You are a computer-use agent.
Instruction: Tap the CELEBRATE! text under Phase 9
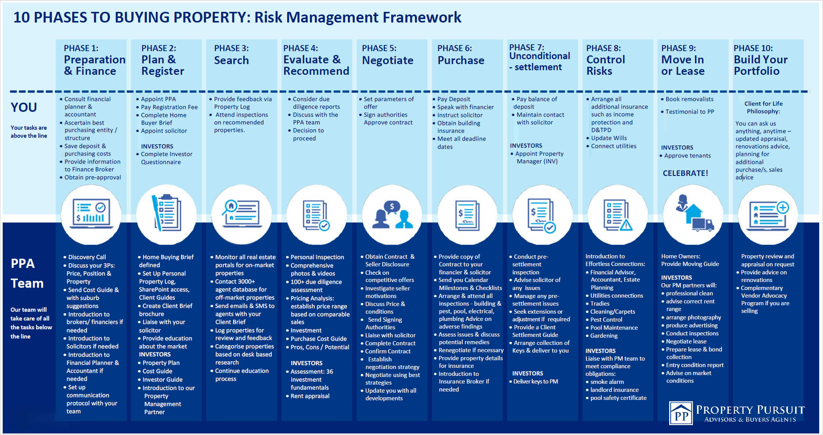pyautogui.click(x=685, y=173)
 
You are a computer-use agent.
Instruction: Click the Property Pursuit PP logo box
pyautogui.click(x=681, y=413)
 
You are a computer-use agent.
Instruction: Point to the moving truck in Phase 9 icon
pyautogui.click(x=703, y=225)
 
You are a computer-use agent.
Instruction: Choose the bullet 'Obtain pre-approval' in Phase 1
pyautogui.click(x=92, y=177)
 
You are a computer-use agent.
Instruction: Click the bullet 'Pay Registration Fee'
pyautogui.click(x=169, y=107)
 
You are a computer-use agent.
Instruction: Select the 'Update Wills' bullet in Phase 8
pyautogui.click(x=609, y=138)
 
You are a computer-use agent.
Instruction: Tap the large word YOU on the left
pyautogui.click(x=24, y=107)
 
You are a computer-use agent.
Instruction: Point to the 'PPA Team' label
pyautogui.click(x=27, y=274)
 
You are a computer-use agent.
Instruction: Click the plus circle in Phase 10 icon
pyautogui.click(x=783, y=208)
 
